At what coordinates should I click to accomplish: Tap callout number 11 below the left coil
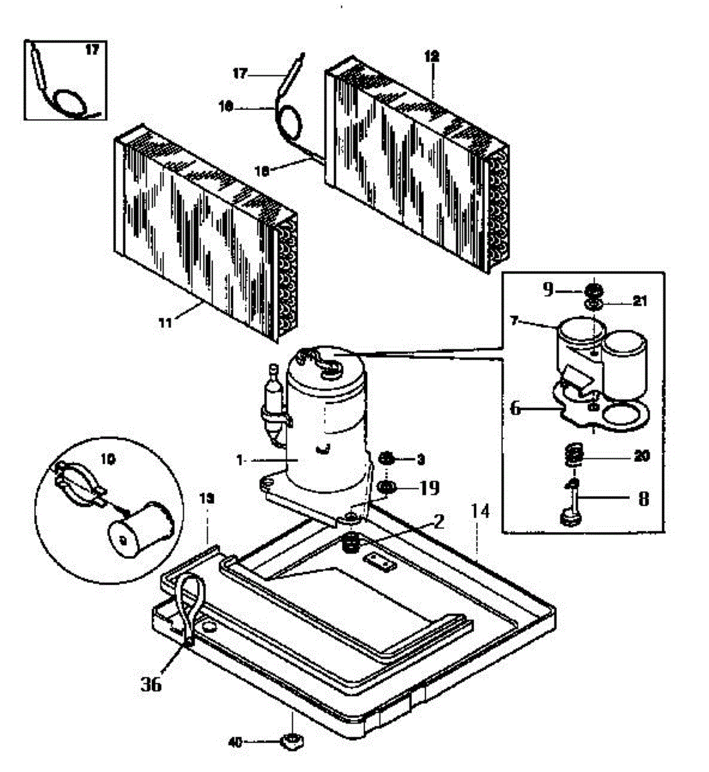pos(166,323)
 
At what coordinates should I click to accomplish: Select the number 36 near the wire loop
pos(151,683)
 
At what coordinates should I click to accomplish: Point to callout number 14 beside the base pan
pos(480,512)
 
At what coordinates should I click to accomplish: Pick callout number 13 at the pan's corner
pos(206,499)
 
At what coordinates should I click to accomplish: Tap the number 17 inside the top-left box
pos(92,50)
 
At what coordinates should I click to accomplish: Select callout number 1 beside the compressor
pos(239,460)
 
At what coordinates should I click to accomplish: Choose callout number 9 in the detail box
pos(547,290)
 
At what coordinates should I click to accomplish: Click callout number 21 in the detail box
pos(639,300)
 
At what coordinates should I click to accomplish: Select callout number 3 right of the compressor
pos(421,459)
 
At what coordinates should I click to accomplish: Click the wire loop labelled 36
pos(191,605)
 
